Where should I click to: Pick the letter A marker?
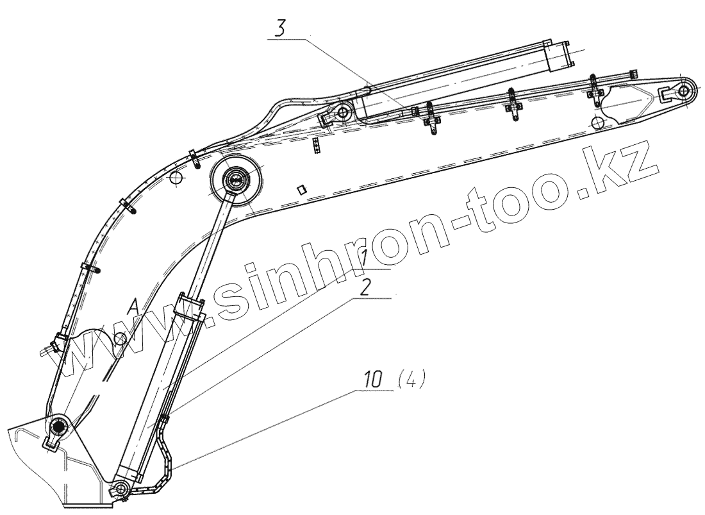(x=133, y=308)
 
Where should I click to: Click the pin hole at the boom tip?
(x=683, y=90)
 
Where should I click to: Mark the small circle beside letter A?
(x=119, y=337)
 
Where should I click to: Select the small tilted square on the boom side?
(x=301, y=189)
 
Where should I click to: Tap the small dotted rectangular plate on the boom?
(x=317, y=146)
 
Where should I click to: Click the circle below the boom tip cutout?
(x=597, y=122)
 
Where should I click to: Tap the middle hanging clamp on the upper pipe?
(x=513, y=100)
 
